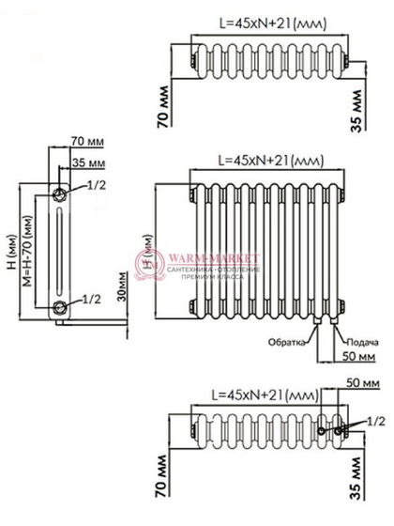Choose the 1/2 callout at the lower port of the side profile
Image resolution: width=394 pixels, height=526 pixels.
(x=92, y=299)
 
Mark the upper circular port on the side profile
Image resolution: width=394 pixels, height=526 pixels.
(x=59, y=193)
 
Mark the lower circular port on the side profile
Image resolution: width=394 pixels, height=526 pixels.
(x=59, y=306)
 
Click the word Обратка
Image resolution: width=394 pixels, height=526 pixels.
(x=287, y=341)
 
